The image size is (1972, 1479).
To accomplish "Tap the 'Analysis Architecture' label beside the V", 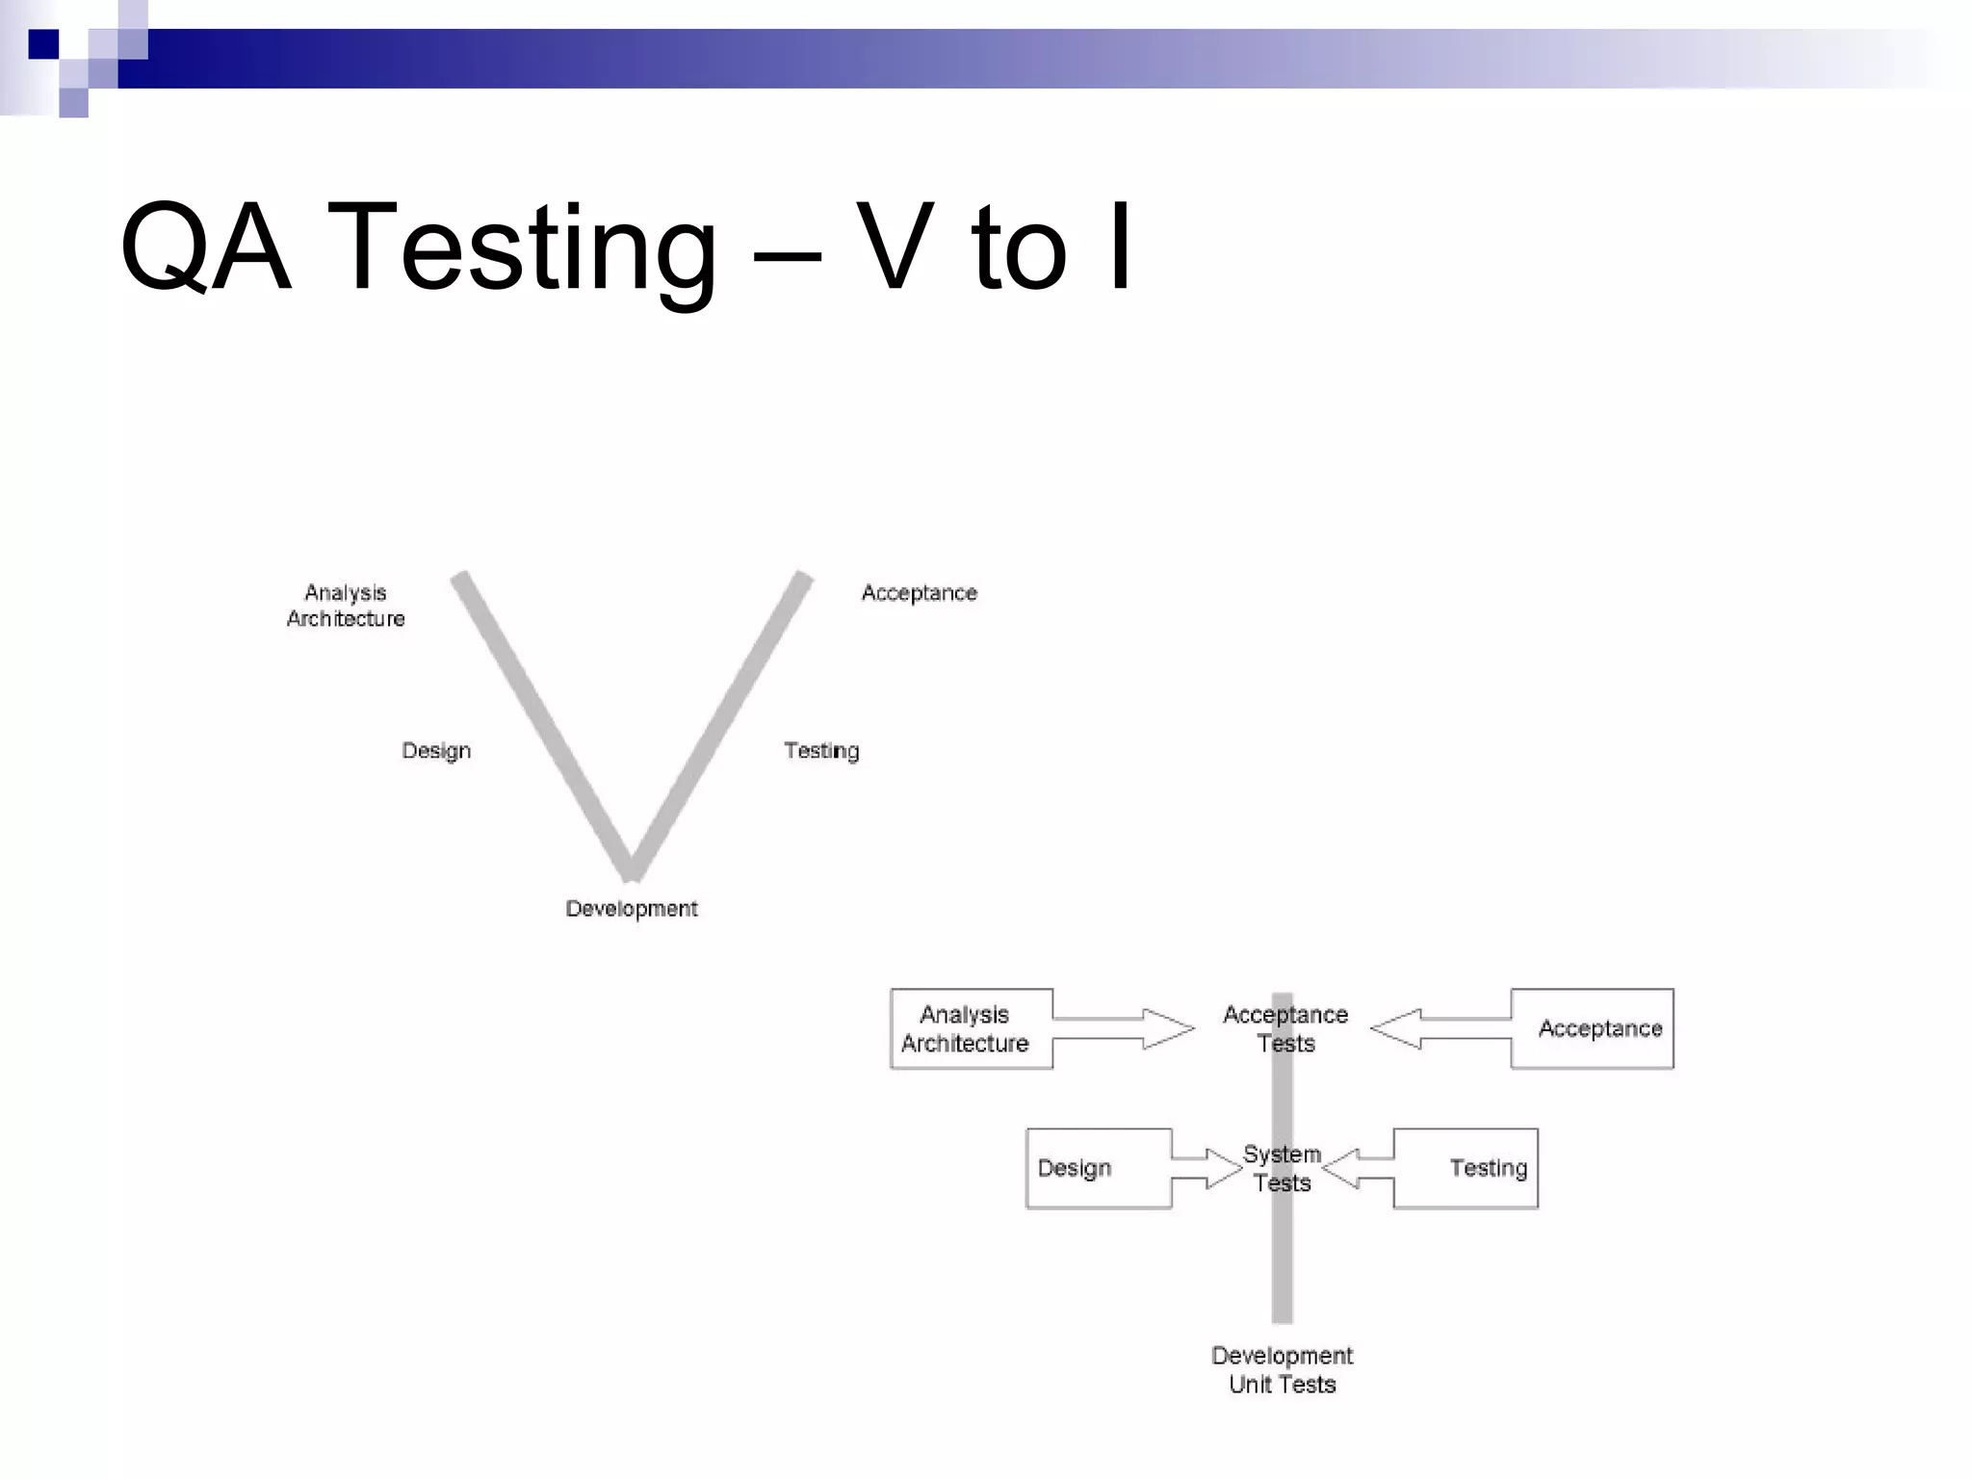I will pos(346,606).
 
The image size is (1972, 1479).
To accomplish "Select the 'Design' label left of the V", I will pos(436,751).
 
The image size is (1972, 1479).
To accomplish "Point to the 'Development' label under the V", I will pos(632,909).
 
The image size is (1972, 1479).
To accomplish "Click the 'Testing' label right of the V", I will pos(821,751).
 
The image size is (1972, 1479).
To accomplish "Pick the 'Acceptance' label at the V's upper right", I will pos(920,593).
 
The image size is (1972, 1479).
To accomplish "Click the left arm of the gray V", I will pos(544,722).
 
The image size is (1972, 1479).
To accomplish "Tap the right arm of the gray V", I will pos(717,722).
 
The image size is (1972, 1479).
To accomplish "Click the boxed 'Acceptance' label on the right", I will pos(1599,1028).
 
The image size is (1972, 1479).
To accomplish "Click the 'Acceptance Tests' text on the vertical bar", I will pos(1285,1028).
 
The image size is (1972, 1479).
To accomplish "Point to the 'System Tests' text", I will pos(1282,1168).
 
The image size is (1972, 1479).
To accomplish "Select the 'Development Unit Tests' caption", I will pos(1282,1370).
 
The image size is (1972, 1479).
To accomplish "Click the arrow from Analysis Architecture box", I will pos(1127,1028).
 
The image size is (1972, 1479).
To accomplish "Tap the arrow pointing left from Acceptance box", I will pos(1440,1028).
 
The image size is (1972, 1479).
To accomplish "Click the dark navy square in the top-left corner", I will pos(43,44).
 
